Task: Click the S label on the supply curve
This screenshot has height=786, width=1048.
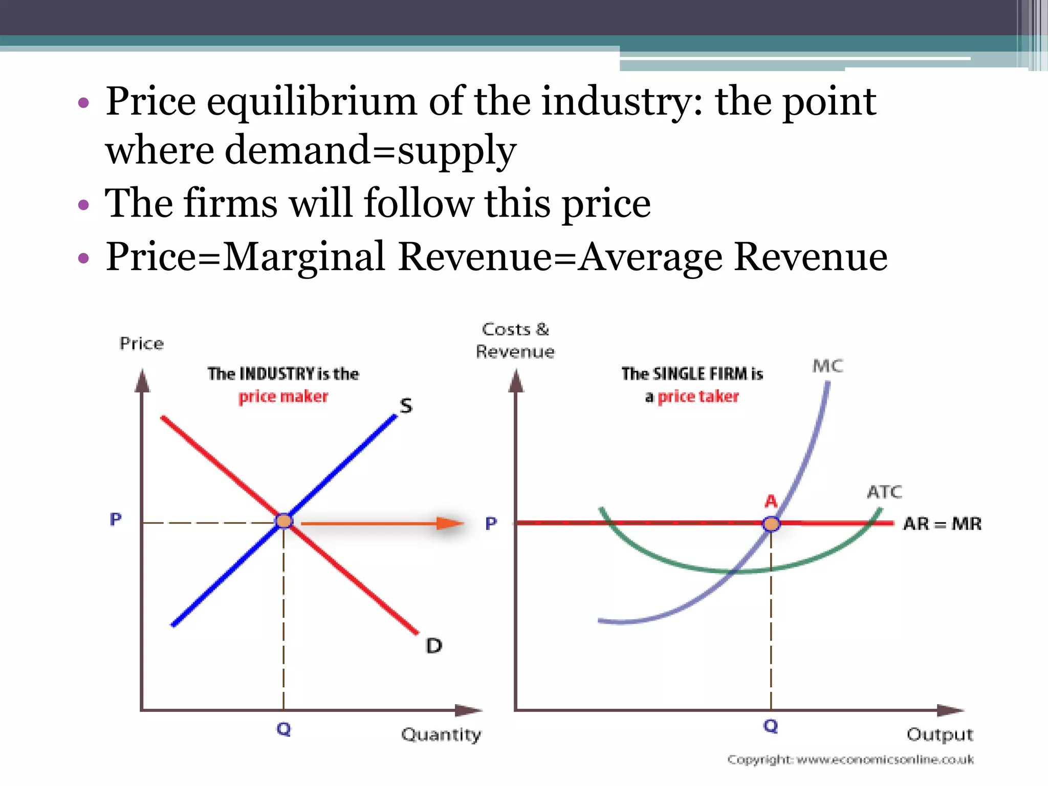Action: [x=406, y=406]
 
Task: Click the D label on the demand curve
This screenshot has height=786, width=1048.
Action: [x=434, y=646]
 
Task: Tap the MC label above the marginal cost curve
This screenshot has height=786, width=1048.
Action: [x=827, y=366]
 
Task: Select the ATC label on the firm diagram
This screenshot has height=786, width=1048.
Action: [x=884, y=492]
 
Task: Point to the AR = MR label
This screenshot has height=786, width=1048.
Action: [x=942, y=524]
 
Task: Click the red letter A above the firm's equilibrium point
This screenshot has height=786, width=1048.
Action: [x=771, y=501]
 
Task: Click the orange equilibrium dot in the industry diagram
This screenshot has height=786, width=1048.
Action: [x=284, y=521]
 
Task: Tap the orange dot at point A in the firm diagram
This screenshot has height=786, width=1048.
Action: [x=771, y=524]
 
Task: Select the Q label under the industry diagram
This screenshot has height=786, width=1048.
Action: [x=283, y=729]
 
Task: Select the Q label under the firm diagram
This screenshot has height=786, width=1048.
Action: [x=771, y=726]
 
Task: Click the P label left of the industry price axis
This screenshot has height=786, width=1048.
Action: [x=116, y=519]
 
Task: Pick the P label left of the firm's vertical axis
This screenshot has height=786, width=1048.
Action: [x=491, y=523]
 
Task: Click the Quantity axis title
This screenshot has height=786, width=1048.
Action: [x=441, y=735]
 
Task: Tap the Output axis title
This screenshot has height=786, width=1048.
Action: [x=940, y=735]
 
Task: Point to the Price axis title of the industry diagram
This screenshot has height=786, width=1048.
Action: [x=142, y=343]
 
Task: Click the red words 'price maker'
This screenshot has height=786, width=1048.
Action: [x=283, y=397]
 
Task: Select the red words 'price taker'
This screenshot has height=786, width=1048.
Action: [x=698, y=397]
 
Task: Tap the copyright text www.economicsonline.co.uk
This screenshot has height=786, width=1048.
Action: [x=885, y=760]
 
